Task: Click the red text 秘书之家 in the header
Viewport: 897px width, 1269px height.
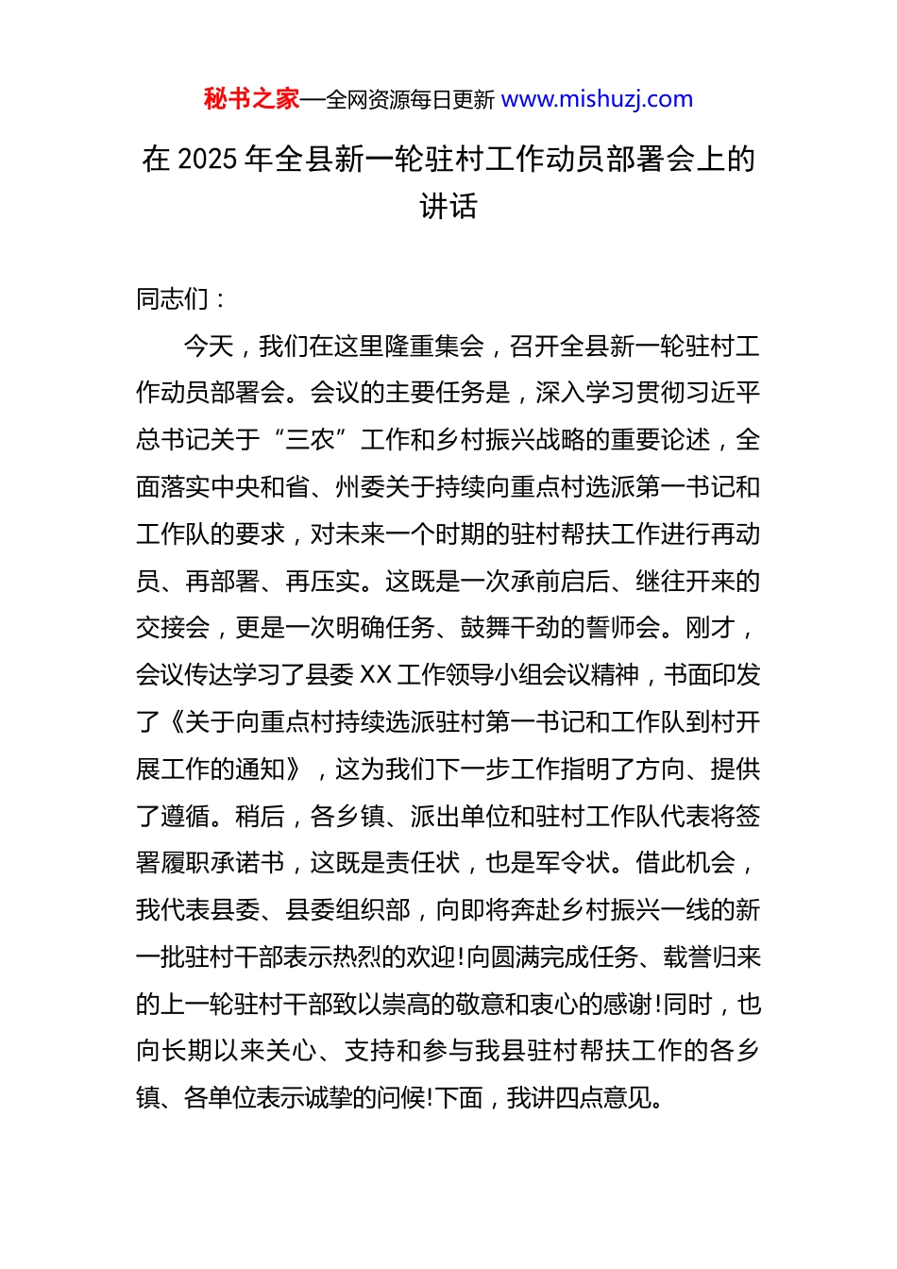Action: (x=251, y=99)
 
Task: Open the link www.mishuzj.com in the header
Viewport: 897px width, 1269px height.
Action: (x=597, y=99)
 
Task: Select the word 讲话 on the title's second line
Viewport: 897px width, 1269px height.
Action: (x=448, y=206)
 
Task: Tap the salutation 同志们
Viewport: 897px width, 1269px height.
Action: (x=173, y=299)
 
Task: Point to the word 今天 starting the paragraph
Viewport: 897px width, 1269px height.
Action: (x=208, y=347)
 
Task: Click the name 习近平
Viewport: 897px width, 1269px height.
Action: (x=722, y=393)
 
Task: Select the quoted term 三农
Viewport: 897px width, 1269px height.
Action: (x=311, y=440)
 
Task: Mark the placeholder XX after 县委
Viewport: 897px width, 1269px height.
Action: (x=376, y=675)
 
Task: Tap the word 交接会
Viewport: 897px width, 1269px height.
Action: (x=173, y=628)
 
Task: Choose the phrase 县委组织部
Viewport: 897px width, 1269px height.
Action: (x=347, y=910)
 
